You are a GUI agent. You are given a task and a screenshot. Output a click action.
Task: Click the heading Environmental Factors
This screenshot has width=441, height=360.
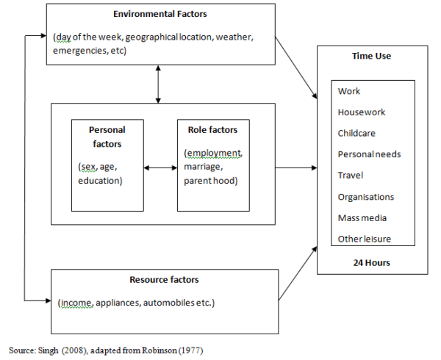coord(159,14)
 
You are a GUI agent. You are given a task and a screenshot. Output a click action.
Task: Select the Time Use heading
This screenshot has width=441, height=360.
coord(371,56)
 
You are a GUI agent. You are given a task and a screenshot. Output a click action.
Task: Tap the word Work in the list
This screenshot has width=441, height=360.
coord(349,91)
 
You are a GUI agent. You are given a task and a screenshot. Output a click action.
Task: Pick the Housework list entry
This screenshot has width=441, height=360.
coord(361,112)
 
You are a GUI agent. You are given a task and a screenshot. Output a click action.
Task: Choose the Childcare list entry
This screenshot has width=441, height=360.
coord(358,133)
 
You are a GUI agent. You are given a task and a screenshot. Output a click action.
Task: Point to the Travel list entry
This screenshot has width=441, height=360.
coord(351,176)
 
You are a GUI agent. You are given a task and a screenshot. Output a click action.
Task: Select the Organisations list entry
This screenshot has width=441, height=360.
coord(366,197)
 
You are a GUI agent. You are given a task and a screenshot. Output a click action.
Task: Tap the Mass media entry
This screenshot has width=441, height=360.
coord(362,217)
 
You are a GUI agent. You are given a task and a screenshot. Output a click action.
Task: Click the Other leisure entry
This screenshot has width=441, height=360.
coord(365,239)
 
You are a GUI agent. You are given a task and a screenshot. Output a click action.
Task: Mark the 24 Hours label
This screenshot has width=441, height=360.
coord(371,262)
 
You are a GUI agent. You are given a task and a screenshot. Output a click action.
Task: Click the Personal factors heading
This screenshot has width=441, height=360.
coord(107,137)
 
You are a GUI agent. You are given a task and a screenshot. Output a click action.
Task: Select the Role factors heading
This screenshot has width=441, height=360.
coord(212,130)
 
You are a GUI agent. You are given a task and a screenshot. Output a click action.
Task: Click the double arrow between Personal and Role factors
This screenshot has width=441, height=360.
coord(159,168)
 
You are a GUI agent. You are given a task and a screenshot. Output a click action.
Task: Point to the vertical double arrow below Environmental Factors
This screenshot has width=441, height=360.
coord(159,84)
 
